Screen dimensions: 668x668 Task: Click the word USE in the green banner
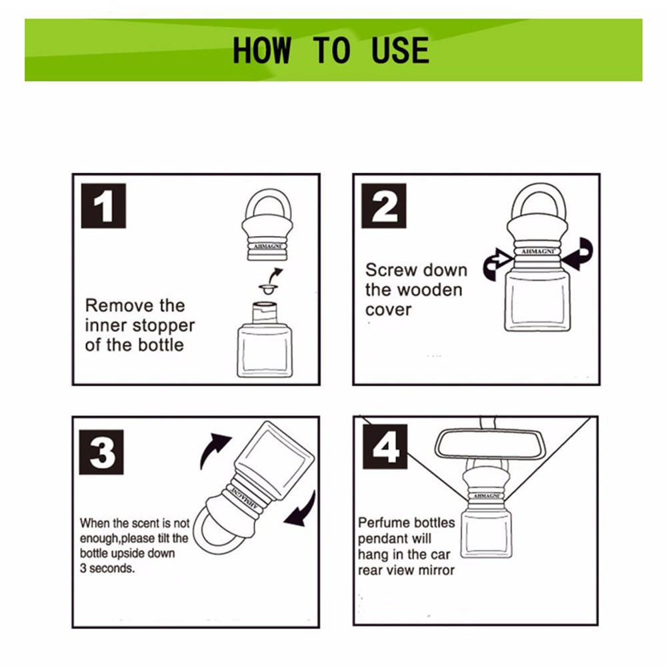point(400,50)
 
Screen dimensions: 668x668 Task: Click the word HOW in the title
point(262,50)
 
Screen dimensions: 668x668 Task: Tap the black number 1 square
point(103,206)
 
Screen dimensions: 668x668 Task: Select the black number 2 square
point(384,206)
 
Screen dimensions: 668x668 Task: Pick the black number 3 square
point(101,452)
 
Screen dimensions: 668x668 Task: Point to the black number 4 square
point(385,447)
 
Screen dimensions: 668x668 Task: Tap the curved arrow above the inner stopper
point(276,273)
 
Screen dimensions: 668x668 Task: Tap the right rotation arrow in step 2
point(578,255)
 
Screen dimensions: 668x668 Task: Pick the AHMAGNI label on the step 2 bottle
point(538,252)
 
